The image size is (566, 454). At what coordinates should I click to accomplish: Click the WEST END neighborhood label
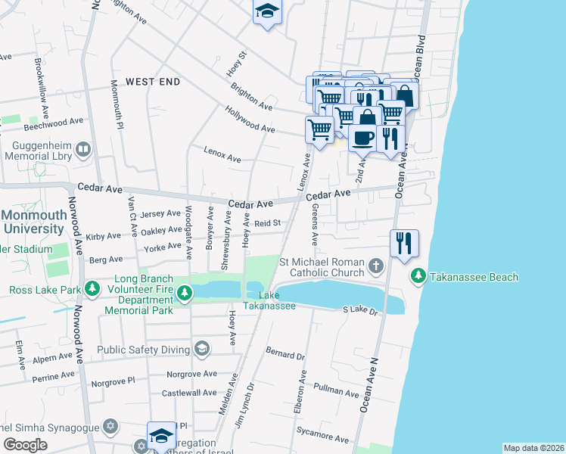coord(153,81)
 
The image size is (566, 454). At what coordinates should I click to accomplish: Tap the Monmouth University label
coord(33,221)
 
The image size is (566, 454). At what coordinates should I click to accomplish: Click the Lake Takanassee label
coord(269,300)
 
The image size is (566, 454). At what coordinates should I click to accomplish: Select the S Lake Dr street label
coord(359,309)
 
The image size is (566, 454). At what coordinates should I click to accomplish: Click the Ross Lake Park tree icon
coord(92,289)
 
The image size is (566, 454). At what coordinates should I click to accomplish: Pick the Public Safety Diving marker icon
coord(201,349)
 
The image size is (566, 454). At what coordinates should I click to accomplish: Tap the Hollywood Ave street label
coord(250,120)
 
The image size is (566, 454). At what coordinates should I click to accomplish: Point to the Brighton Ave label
coord(251,96)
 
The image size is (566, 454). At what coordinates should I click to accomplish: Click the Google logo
coord(26,445)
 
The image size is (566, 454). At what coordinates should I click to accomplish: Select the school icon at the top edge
coord(266,11)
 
